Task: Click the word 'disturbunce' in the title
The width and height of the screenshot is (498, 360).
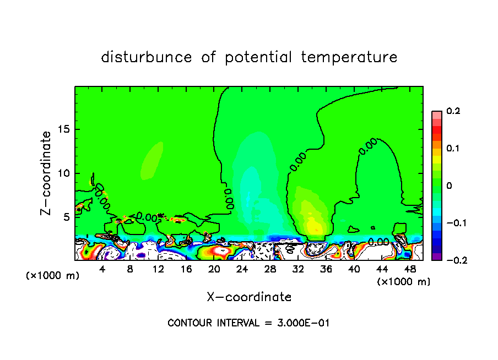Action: click(147, 57)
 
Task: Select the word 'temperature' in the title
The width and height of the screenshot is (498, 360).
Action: click(349, 57)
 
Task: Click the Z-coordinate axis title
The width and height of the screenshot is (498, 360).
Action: click(46, 173)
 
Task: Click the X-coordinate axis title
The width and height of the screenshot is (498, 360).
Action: click(249, 297)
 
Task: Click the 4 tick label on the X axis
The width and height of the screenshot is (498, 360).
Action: click(102, 270)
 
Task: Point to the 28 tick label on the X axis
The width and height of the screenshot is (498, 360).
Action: click(270, 270)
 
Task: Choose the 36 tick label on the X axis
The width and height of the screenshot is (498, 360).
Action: click(326, 270)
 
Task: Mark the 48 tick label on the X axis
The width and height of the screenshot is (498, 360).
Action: click(410, 270)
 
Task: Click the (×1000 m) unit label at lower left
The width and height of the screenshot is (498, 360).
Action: click(53, 276)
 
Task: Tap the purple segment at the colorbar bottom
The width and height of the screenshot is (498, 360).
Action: click(436, 257)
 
